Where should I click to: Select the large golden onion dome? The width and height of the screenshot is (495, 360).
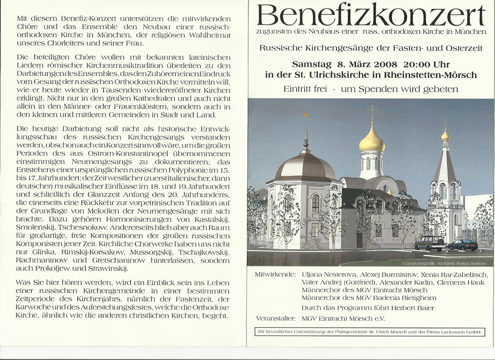pyautogui.click(x=372, y=141)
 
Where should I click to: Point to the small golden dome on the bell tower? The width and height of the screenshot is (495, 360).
pyautogui.click(x=445, y=135)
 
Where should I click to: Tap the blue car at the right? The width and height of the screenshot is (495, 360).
pyautogui.click(x=463, y=245)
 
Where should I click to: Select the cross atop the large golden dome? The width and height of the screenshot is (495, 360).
pyautogui.click(x=372, y=112)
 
